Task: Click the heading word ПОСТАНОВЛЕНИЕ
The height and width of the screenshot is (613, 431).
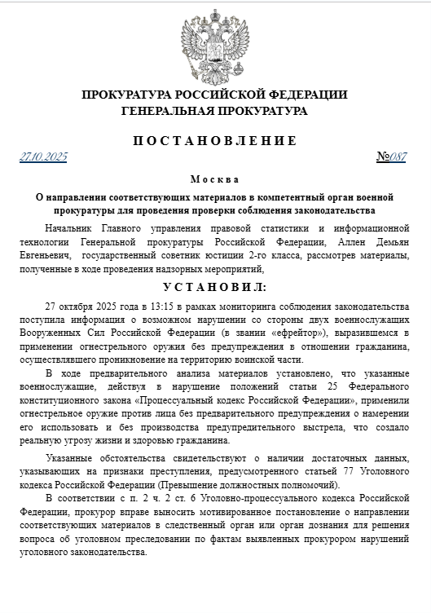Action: [x=215, y=140]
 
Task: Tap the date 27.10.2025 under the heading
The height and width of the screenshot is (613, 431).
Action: [x=44, y=157]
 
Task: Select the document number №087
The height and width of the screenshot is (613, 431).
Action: [x=391, y=157]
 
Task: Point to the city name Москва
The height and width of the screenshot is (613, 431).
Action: [x=215, y=179]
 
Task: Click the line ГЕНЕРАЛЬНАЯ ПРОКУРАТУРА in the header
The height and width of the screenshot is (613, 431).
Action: [x=215, y=110]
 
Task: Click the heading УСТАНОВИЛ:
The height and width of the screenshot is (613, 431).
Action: [x=215, y=287]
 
